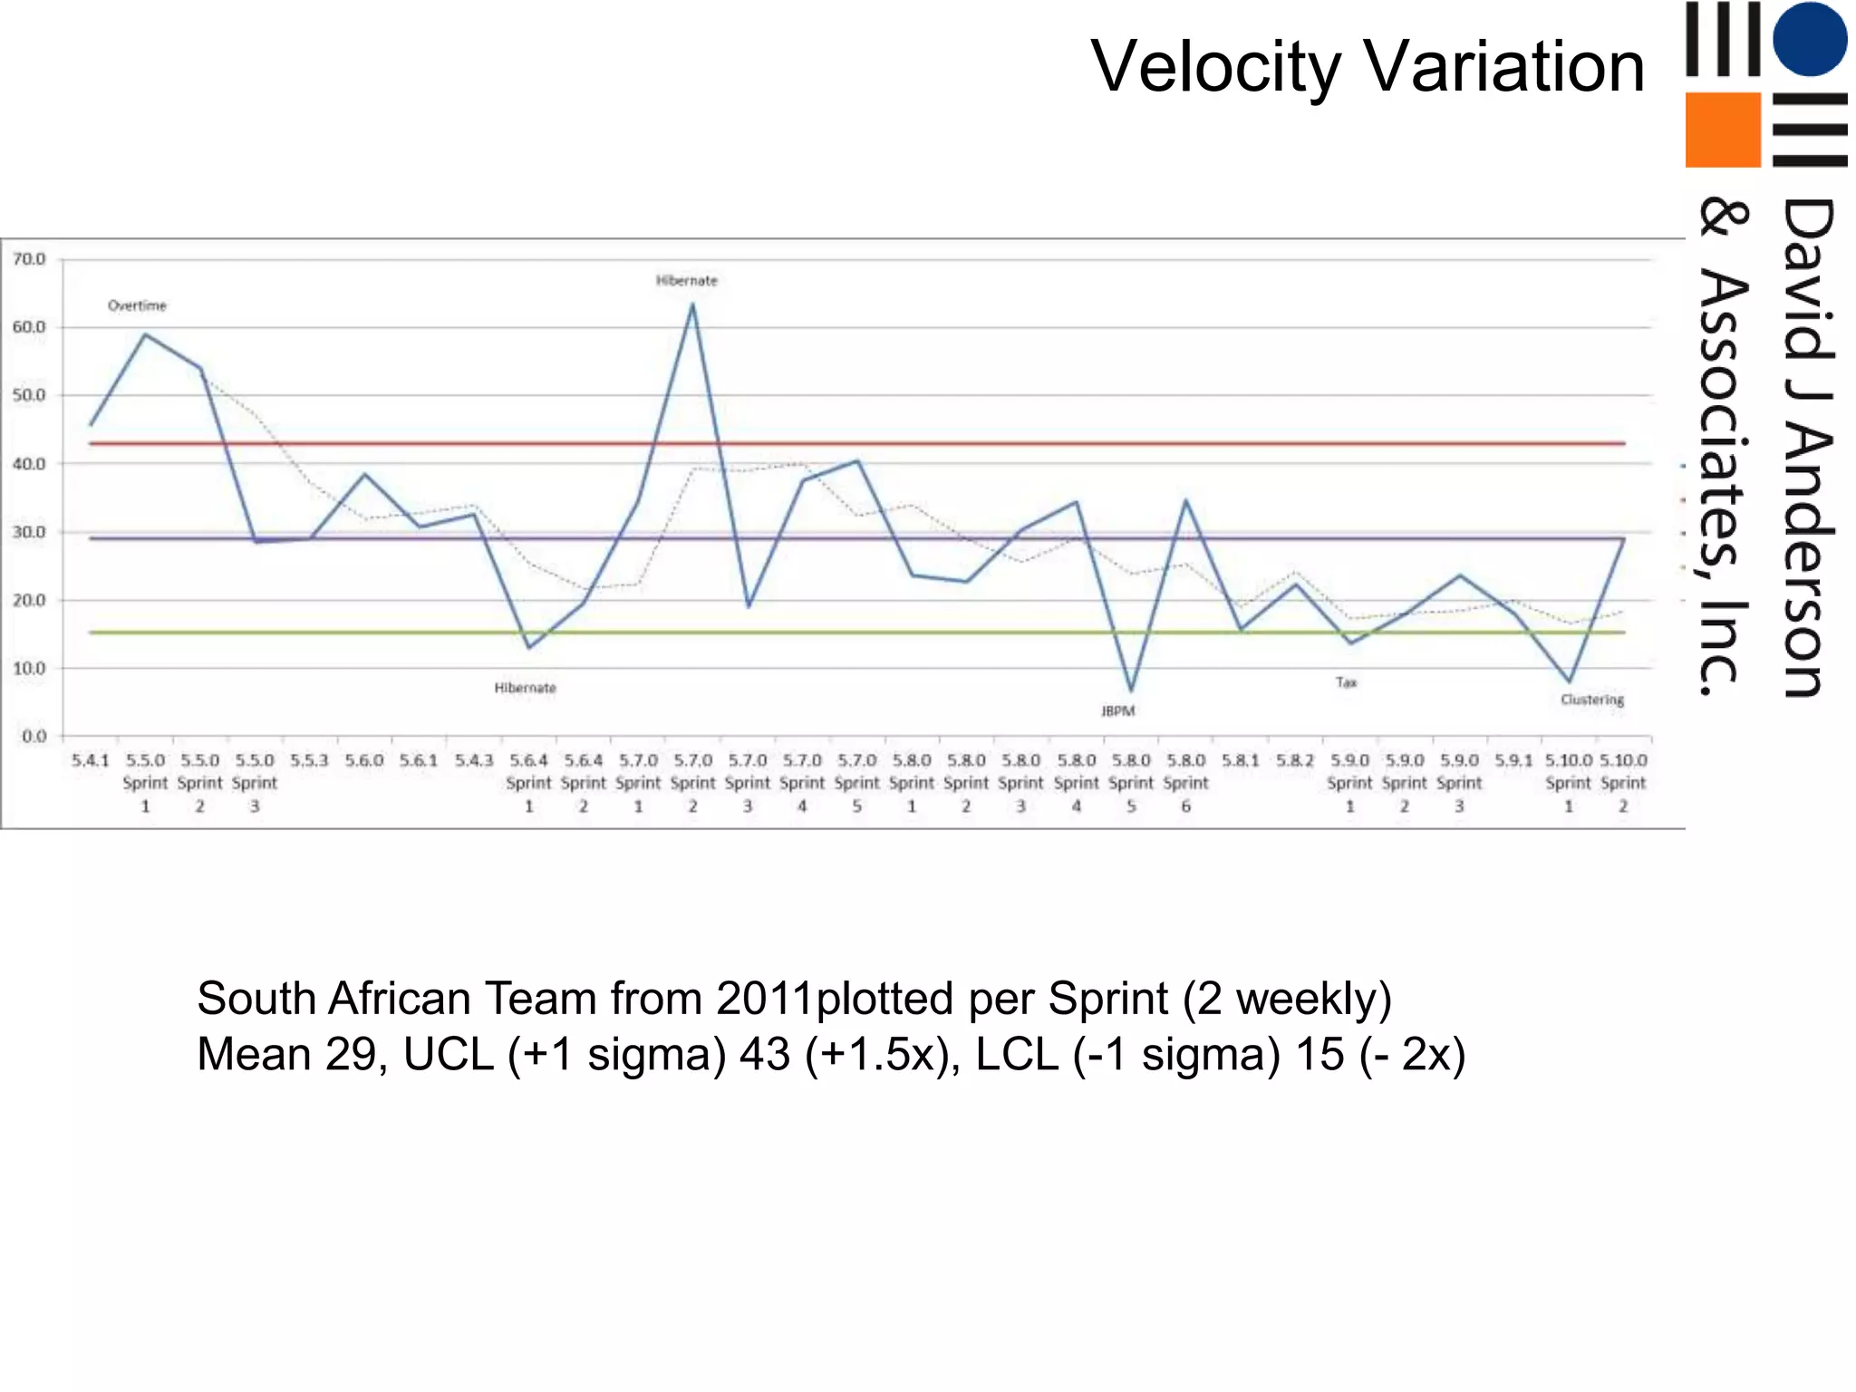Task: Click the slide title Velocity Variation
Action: click(1367, 67)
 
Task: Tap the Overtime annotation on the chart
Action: click(137, 306)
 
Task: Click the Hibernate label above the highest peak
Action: click(686, 281)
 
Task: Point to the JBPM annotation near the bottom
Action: click(1117, 711)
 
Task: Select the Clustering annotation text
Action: click(1591, 700)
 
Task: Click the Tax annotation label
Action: click(1346, 682)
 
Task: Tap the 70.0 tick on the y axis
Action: click(29, 260)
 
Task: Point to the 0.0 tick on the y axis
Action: click(34, 737)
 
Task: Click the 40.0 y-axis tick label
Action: click(29, 464)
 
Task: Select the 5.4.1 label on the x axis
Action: click(90, 760)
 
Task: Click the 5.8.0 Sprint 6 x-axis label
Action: click(1185, 783)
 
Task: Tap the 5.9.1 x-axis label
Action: click(1513, 760)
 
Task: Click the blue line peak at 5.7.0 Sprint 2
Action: click(692, 305)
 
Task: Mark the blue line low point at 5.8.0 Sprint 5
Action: click(1131, 691)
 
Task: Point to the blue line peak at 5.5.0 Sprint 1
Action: click(145, 334)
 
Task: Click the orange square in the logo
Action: click(1722, 130)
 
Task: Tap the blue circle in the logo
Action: click(1810, 39)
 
